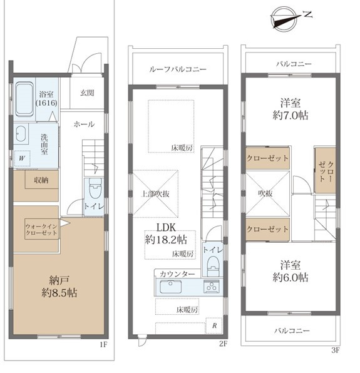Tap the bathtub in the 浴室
[x=24, y=99]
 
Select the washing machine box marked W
[x=22, y=158]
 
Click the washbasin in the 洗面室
[x=21, y=133]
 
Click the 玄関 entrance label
[x=87, y=93]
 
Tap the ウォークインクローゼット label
[x=41, y=229]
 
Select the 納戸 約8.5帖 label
[x=59, y=287]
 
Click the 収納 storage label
[x=41, y=180]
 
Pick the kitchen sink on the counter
[x=170, y=287]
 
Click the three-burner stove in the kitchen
[x=211, y=286]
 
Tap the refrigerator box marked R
[x=214, y=325]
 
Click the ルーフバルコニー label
[x=178, y=69]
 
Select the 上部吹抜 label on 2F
[x=155, y=194]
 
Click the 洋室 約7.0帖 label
[x=291, y=109]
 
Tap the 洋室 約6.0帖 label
[x=291, y=271]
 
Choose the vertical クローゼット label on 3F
[x=326, y=171]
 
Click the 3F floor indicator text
[x=336, y=350]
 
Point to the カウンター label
[x=178, y=273]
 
